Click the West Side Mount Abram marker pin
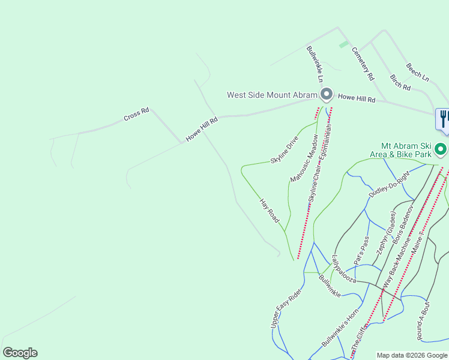(326, 94)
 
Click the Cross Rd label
(136, 114)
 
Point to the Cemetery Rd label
(363, 64)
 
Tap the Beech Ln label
(417, 73)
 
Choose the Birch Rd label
(400, 83)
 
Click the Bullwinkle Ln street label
(315, 64)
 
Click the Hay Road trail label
(270, 211)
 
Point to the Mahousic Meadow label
(304, 158)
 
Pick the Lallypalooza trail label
(344, 268)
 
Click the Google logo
(20, 353)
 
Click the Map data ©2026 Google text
(412, 355)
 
